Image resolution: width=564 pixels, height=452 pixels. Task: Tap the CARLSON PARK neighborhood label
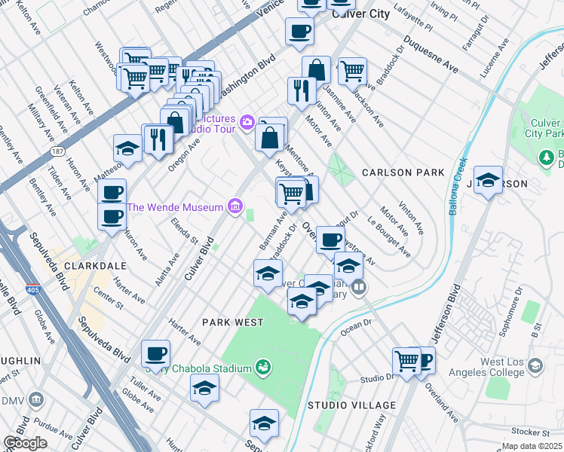coord(403,173)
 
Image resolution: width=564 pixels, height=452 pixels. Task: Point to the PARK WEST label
coord(233,322)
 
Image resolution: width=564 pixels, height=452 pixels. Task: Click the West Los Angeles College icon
coord(535,366)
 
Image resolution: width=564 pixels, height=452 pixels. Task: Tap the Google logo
coord(24,442)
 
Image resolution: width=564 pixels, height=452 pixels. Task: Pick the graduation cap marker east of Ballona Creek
coord(489,181)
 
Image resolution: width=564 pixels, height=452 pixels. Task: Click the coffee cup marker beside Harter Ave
coord(156,353)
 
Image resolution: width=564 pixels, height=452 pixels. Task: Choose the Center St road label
coord(109,300)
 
